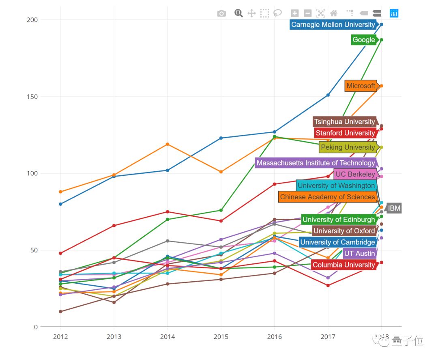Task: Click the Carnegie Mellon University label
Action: [333, 25]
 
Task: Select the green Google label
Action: [364, 40]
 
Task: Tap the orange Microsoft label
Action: [361, 86]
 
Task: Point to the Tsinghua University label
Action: [345, 122]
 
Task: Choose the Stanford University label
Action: [345, 133]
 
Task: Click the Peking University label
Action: [348, 147]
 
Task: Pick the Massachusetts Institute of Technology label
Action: [316, 163]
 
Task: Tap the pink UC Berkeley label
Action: [355, 175]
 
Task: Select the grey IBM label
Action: [394, 209]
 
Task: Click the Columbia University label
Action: [344, 265]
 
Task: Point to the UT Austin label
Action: [359, 254]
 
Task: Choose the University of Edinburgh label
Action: [339, 220]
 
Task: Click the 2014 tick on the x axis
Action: [167, 336]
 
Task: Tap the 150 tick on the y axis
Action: [32, 97]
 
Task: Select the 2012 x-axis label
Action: [60, 336]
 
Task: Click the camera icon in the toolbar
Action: [221, 13]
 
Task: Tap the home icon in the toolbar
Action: [334, 13]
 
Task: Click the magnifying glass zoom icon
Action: [238, 13]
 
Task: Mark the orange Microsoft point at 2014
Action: [167, 144]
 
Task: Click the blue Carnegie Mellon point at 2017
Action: [328, 95]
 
